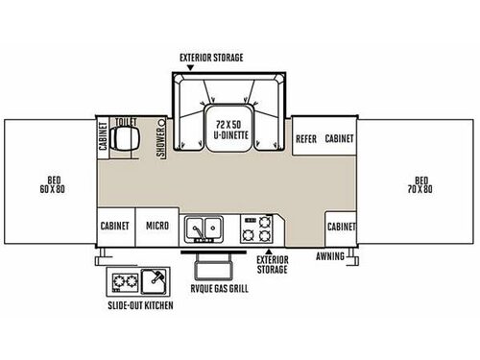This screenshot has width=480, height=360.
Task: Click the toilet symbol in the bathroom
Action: coord(125,138)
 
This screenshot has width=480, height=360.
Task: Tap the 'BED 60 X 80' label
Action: coord(53,184)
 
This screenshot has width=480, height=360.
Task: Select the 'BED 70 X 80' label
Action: coord(420,184)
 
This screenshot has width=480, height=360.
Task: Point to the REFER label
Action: coord(306,139)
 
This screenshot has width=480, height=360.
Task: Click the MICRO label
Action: coord(157,226)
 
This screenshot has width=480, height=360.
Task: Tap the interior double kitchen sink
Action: coord(204,228)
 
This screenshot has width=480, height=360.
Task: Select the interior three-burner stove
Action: coord(256,228)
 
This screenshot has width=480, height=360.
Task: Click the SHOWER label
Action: coord(160,142)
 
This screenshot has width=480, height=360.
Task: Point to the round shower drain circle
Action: coord(161,123)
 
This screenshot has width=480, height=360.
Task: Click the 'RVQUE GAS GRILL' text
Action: coord(220,289)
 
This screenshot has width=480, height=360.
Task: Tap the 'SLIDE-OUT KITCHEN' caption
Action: coord(140,305)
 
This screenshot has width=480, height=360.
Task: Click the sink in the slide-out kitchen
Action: coord(155,281)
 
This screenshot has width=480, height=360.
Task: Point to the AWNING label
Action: coord(330,256)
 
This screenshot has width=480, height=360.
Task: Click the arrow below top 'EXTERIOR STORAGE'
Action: coord(190,68)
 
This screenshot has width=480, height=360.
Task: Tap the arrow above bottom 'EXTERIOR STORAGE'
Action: coord(269,252)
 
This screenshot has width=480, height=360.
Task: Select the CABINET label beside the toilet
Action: coord(103,136)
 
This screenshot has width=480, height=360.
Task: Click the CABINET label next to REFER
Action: coord(339,138)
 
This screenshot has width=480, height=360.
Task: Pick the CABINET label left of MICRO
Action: coord(115,226)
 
